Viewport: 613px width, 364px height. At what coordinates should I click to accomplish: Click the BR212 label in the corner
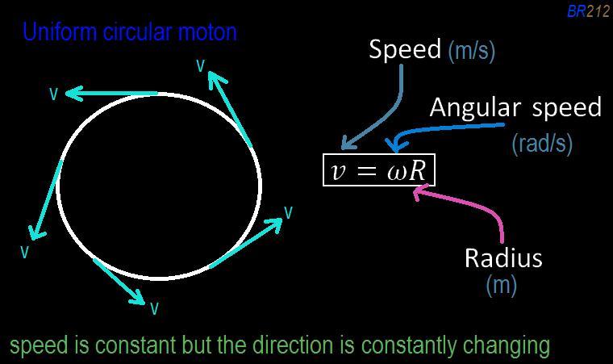[588, 11]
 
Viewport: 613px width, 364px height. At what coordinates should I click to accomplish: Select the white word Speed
[406, 49]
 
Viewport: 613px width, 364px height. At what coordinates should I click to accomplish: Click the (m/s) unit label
[471, 51]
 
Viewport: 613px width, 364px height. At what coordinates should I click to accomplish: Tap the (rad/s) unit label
[542, 143]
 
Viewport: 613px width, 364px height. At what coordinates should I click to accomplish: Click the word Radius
[503, 257]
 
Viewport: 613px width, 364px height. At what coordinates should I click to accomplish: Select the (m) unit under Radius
[501, 284]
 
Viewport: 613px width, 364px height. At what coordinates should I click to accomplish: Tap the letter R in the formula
[418, 170]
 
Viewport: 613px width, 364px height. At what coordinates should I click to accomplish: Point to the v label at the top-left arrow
[54, 94]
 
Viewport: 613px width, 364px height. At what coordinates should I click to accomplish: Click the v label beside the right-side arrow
[288, 212]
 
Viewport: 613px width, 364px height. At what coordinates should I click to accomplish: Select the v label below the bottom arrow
[154, 308]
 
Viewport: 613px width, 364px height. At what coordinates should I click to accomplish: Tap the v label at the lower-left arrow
[25, 252]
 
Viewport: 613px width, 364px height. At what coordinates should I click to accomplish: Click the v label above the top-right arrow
[201, 66]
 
